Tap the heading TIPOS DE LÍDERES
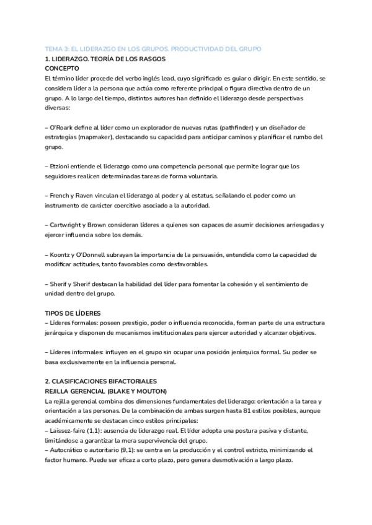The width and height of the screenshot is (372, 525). [x=73, y=313]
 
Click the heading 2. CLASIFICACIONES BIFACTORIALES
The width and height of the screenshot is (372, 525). [x=101, y=381]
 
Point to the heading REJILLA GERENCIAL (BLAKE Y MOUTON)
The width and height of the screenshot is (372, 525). [x=106, y=391]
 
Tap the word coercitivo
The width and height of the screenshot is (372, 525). [x=141, y=206]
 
